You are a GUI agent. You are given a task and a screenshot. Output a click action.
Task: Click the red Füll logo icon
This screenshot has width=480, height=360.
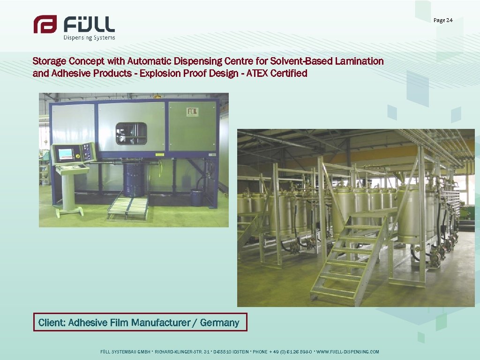click(45, 24)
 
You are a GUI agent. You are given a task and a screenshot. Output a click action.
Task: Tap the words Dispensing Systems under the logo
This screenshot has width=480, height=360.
click(89, 38)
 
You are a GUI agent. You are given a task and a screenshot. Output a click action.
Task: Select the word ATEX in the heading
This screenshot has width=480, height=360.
click(262, 73)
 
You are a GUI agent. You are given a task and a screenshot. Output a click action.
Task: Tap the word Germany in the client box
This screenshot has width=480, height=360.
click(219, 322)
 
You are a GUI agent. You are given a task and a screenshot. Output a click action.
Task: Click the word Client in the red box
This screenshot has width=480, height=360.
click(51, 322)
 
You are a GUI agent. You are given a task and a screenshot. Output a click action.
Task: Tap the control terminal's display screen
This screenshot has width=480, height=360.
click(66, 154)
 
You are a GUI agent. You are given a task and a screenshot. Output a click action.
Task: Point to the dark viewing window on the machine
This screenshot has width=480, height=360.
click(131, 133)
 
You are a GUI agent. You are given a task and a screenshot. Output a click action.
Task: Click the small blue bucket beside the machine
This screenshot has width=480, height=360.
click(197, 197)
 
